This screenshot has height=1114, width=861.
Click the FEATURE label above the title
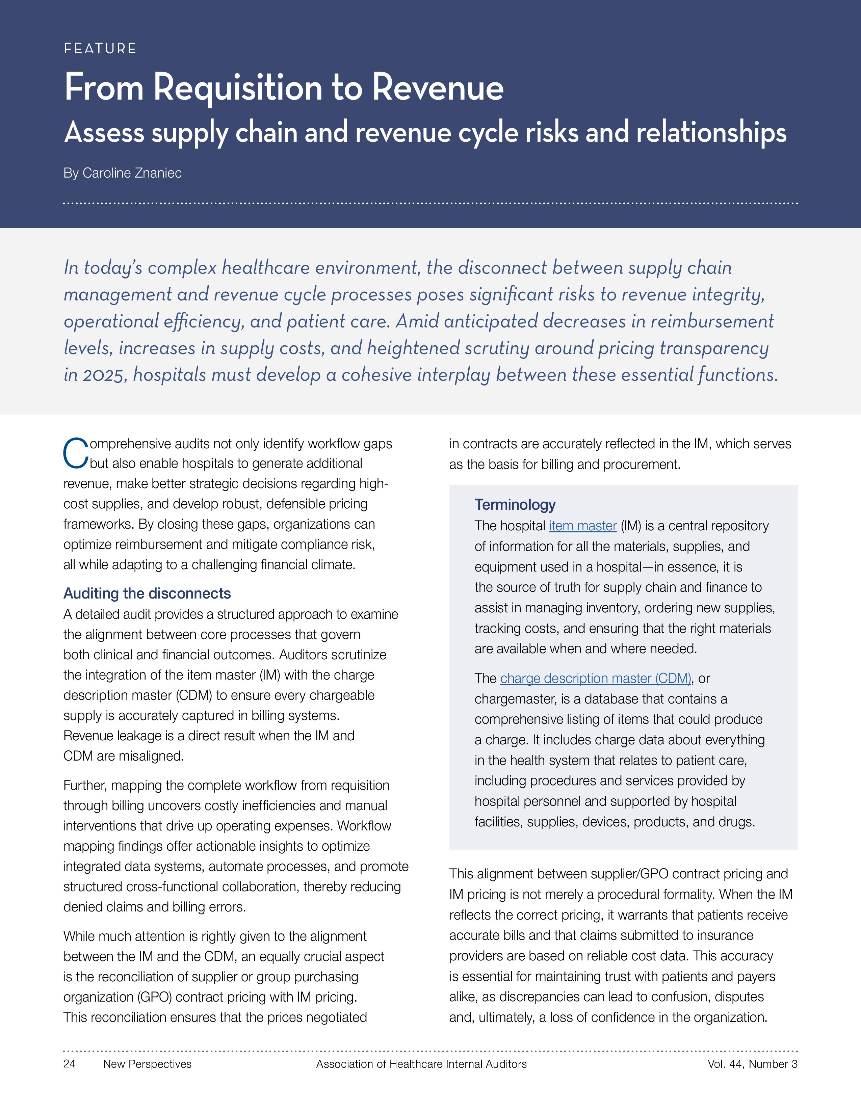pos(100,49)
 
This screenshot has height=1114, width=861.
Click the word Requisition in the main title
pos(238,88)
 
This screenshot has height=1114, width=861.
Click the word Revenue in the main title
pos(438,88)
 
